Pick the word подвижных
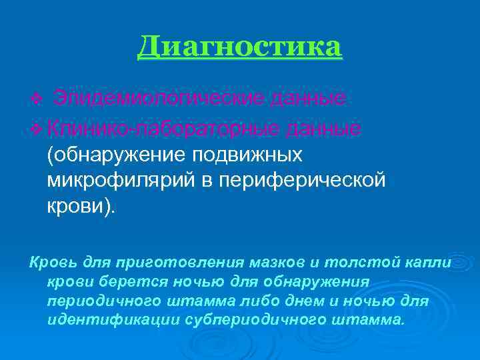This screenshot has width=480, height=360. coord(247,154)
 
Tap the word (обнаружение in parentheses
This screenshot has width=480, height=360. coord(117,154)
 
